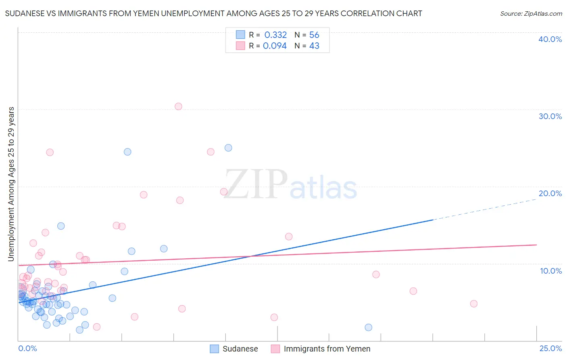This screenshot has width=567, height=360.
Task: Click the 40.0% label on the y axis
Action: tap(550, 39)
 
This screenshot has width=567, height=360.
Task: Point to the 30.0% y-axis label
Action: tap(550, 116)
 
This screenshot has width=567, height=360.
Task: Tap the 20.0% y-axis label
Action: tap(550, 193)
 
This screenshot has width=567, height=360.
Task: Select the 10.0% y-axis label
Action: tap(551, 271)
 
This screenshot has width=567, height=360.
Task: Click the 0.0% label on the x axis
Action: tap(27, 348)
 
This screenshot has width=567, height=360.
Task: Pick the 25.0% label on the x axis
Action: tap(550, 348)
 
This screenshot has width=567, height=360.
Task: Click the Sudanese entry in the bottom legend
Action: tap(240, 349)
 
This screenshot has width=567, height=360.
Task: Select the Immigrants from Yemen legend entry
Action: tap(327, 349)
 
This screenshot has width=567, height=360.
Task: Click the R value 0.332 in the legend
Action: tap(275, 35)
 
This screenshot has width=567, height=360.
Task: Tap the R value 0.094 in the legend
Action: tap(275, 46)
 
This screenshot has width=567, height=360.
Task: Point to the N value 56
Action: tap(314, 35)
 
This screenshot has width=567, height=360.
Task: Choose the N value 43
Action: tap(314, 46)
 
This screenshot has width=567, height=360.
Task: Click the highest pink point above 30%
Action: tap(178, 107)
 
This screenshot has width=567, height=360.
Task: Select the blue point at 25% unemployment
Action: tap(228, 148)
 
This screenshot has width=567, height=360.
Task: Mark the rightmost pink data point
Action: tap(474, 303)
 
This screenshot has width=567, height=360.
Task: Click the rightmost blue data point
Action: tap(368, 327)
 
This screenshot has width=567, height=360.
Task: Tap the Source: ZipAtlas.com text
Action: tap(531, 14)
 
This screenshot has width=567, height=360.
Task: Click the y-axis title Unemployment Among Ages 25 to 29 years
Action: tap(11, 184)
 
